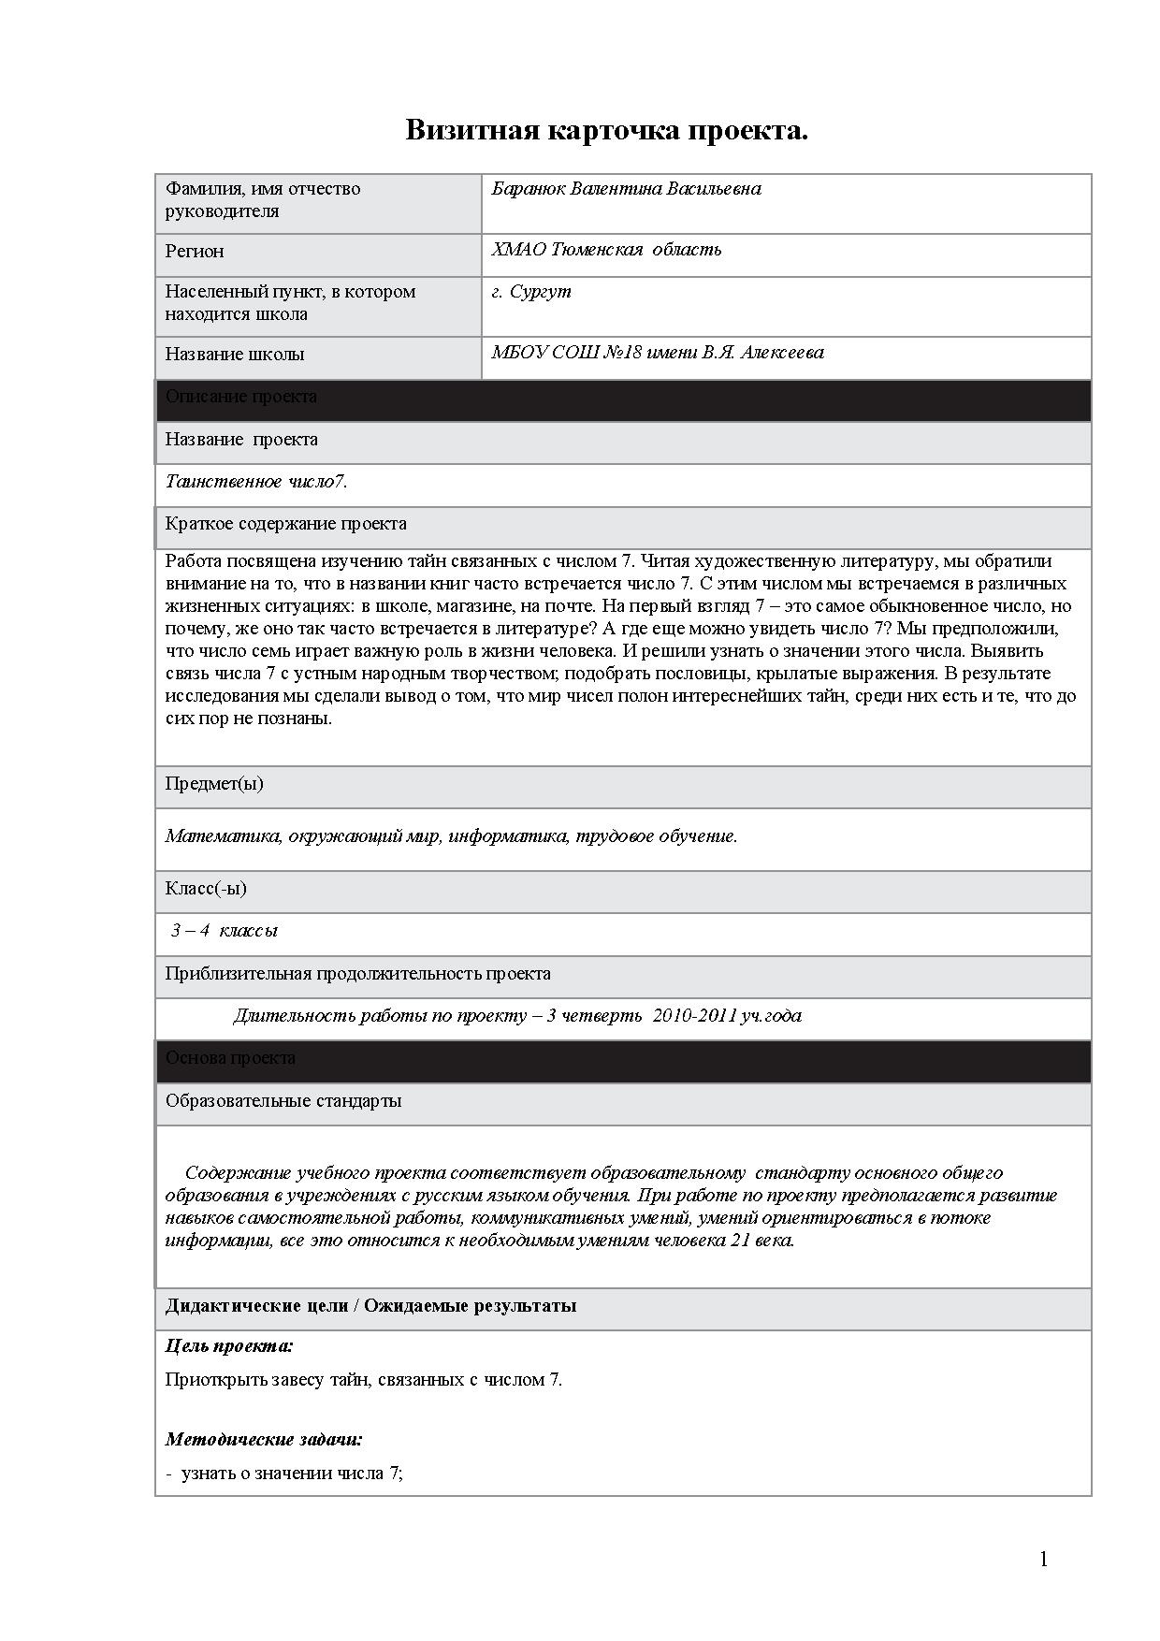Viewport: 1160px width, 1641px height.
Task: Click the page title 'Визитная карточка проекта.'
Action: [x=606, y=130]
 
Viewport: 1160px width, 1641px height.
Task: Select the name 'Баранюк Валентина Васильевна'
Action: [x=626, y=188]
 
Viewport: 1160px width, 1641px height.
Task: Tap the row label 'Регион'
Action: [x=195, y=251]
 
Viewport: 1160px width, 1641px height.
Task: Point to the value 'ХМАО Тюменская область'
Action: [x=606, y=249]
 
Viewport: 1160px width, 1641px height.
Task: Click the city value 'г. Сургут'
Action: [x=531, y=291]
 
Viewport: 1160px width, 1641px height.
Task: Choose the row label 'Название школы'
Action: [x=235, y=354]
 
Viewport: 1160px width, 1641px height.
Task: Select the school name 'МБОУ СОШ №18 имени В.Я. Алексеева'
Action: [x=658, y=353]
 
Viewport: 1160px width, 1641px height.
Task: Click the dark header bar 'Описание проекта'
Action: [x=623, y=397]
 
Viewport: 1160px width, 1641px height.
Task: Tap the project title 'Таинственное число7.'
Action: [x=256, y=482]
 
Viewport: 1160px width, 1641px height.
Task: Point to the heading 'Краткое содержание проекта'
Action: [x=286, y=524]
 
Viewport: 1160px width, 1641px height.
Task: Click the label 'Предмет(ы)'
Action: [x=214, y=784]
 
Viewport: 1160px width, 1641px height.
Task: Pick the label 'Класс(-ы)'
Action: [x=206, y=888]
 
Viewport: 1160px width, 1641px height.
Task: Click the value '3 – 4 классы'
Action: [x=225, y=931]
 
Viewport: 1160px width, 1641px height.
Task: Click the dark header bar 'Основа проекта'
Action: [x=623, y=1058]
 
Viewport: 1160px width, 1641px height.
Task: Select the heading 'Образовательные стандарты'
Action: [x=283, y=1100]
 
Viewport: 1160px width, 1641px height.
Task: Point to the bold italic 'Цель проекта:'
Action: [x=229, y=1346]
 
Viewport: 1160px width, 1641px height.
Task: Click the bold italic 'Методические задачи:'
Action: [x=264, y=1440]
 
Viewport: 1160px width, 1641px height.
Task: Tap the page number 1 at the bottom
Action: [x=1044, y=1559]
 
